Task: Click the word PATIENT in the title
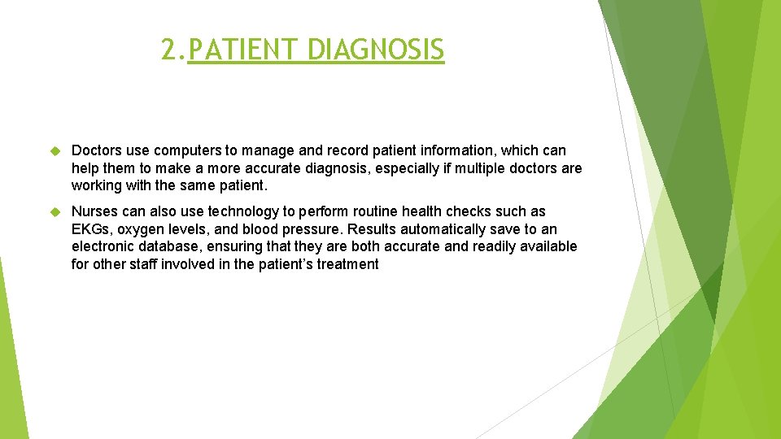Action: (243, 50)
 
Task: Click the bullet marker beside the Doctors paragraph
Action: (55, 151)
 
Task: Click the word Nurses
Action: (95, 212)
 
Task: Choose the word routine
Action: (382, 212)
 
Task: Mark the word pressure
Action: (312, 229)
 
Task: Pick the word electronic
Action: (102, 246)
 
